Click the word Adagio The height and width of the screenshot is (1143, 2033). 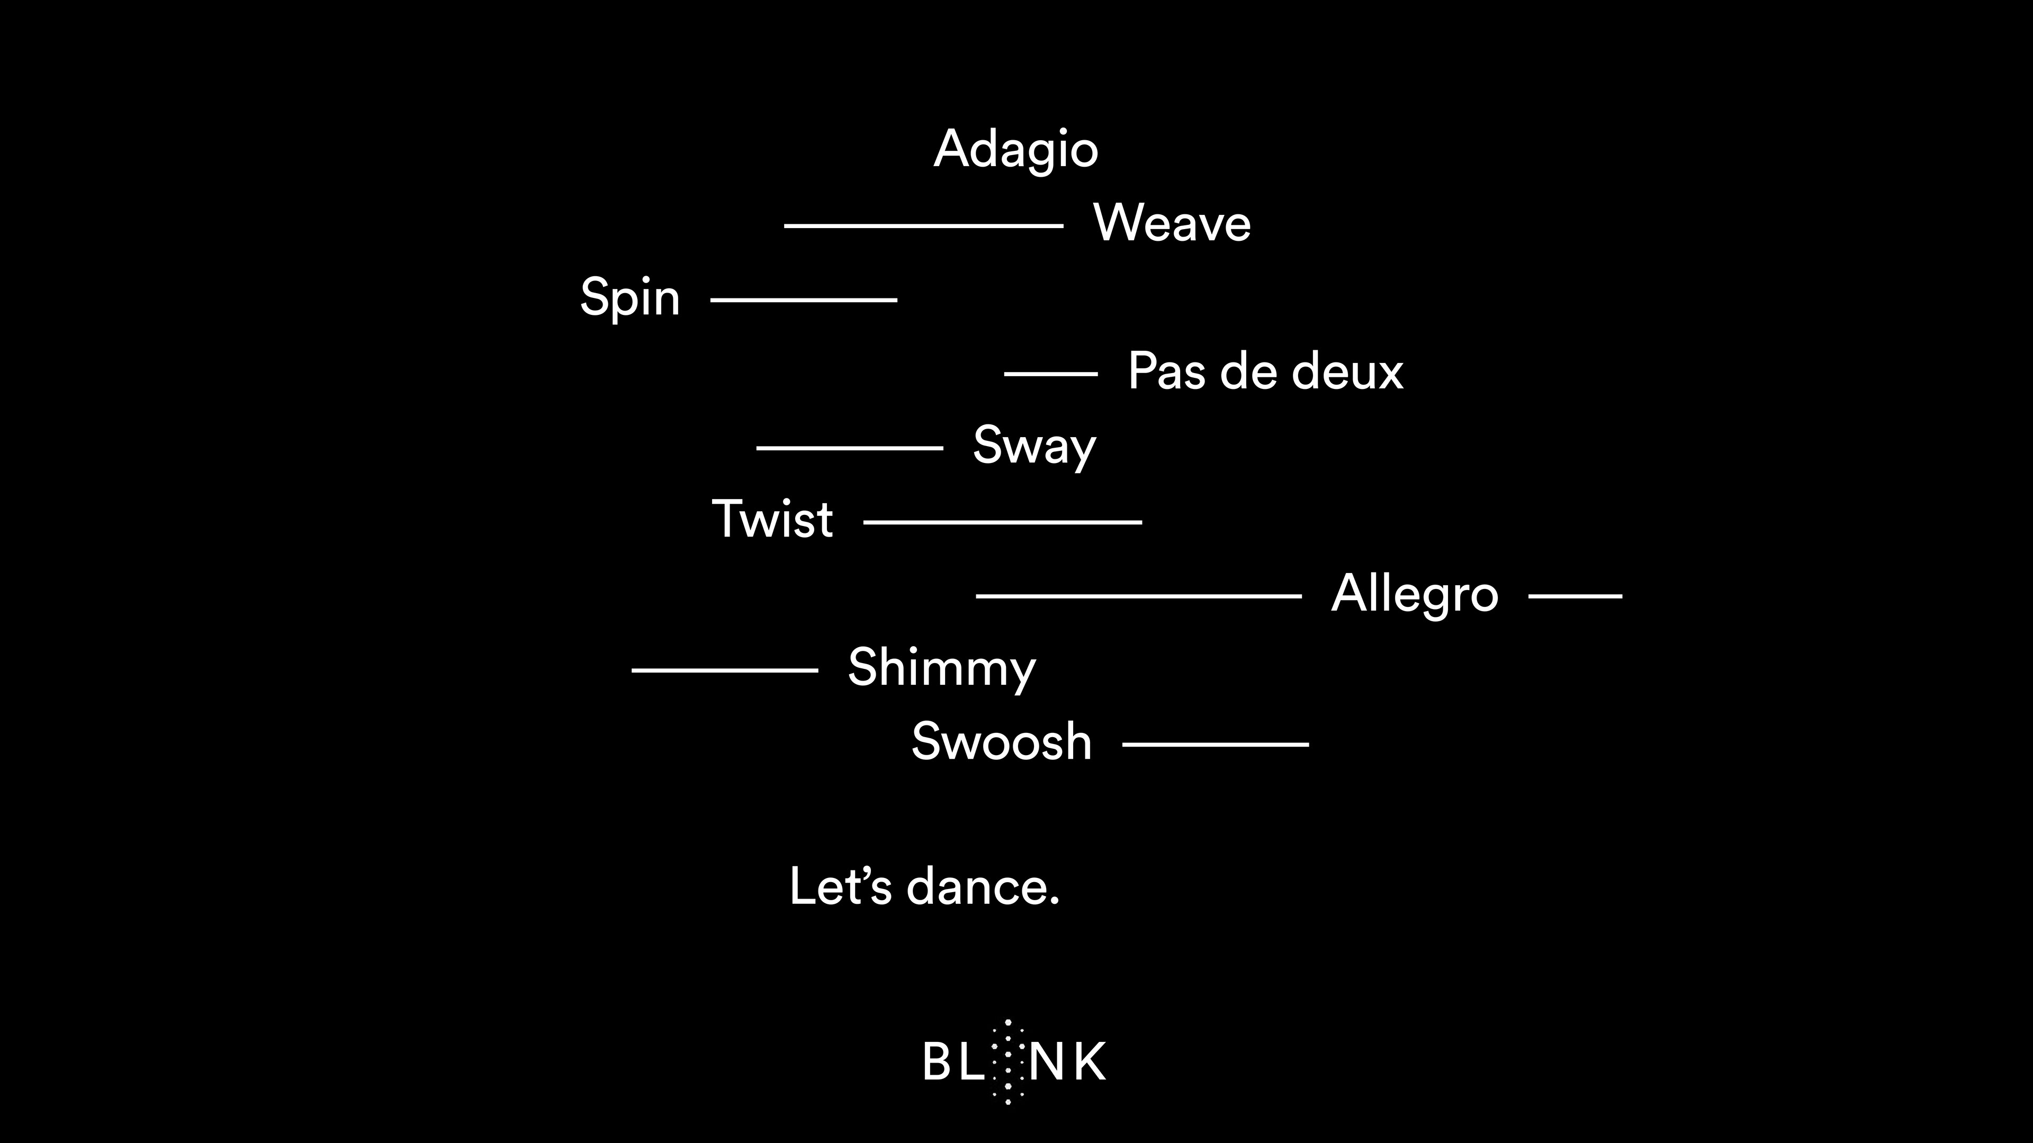click(x=1016, y=149)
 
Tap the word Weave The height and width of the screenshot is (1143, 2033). click(x=1172, y=223)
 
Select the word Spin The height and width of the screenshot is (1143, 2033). click(x=630, y=298)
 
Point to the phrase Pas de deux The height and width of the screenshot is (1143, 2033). click(x=1266, y=371)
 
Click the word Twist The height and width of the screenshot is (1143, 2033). click(x=772, y=520)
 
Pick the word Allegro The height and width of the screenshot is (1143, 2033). click(x=1414, y=594)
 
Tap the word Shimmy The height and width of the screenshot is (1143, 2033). click(x=941, y=669)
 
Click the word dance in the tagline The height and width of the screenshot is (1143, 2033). click(x=983, y=887)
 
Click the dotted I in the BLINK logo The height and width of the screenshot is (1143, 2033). click(x=1008, y=1062)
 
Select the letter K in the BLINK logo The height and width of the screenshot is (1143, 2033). click(x=1090, y=1062)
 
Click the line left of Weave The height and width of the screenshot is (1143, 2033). click(x=923, y=225)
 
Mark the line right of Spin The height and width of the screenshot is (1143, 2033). click(x=804, y=300)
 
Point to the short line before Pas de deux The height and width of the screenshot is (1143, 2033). click(x=1050, y=374)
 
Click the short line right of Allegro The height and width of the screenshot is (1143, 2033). click(x=1575, y=596)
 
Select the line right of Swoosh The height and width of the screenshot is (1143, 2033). click(x=1216, y=744)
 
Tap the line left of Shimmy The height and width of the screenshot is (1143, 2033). click(x=724, y=670)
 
